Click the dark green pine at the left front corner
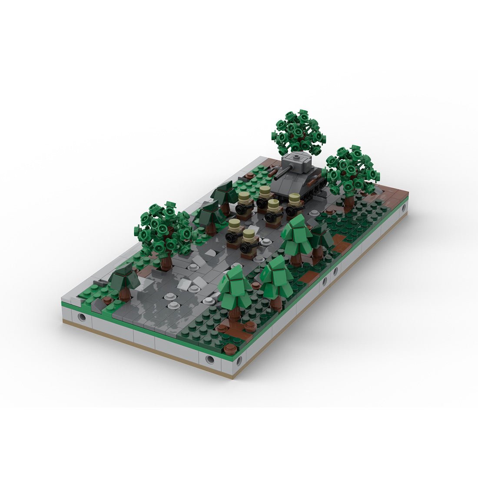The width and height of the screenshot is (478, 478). pyautogui.click(x=123, y=280)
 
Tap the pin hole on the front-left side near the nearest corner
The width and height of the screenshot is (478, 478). pyautogui.click(x=209, y=359)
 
